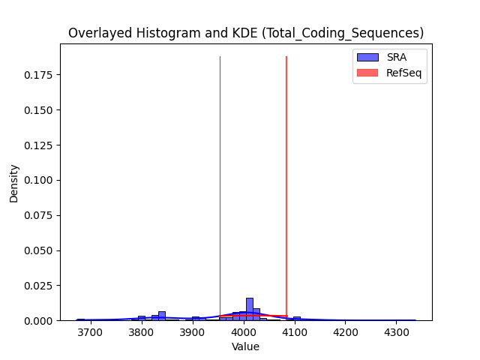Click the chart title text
point(246,33)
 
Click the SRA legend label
point(397,57)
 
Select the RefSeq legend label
point(403,73)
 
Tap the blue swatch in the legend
point(367,57)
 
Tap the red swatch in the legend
point(367,73)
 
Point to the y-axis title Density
point(13,184)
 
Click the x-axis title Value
point(245,346)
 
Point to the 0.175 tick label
point(38,75)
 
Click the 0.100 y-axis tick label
point(38,180)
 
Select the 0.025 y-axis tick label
point(38,286)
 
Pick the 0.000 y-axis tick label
point(38,321)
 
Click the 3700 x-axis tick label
point(90,332)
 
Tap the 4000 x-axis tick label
point(244,332)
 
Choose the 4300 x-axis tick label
point(397,332)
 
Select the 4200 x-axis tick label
point(346,332)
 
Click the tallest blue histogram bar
point(250,309)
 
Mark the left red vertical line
point(220,188)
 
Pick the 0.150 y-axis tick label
point(38,110)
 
